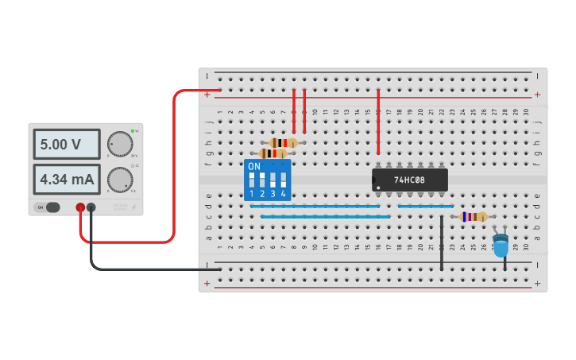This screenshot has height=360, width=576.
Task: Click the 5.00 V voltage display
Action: (66, 145)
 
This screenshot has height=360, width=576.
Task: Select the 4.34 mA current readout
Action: (66, 180)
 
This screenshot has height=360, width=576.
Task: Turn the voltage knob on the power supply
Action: (120, 144)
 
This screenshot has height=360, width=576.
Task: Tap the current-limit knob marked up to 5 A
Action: (120, 180)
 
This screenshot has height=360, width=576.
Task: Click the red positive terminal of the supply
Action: (80, 207)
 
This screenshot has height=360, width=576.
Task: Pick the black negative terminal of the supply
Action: (91, 207)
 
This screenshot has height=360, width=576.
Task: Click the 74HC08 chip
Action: (410, 180)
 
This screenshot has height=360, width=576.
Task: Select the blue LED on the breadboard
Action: (501, 246)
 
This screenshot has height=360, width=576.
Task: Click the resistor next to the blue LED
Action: (474, 216)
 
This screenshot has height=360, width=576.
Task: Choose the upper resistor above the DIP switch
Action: (283, 143)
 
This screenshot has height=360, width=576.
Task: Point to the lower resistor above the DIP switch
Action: (273, 153)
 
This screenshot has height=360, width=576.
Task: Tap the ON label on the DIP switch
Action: (254, 166)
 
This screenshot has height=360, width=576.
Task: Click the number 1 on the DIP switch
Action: (252, 194)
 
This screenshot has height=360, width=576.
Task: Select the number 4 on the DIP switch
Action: (283, 194)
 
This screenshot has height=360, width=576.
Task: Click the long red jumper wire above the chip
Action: (378, 123)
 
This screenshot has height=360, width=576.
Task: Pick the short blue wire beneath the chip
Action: (425, 206)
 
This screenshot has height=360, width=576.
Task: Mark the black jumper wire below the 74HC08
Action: (442, 242)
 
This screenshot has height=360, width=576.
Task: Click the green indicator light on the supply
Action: (133, 130)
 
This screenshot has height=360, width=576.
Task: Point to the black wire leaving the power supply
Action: (143, 269)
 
